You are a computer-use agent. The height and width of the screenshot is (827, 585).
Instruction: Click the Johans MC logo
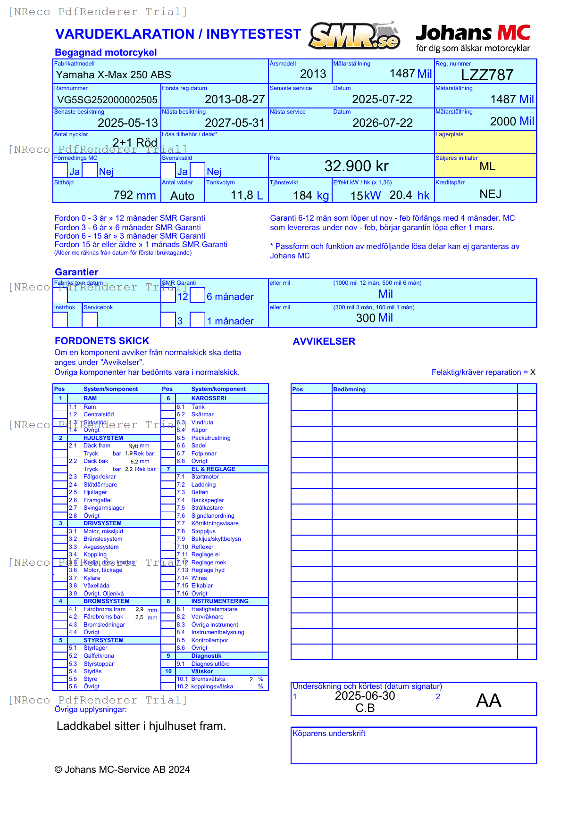(473, 38)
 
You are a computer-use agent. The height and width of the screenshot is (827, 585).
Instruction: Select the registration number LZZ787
(487, 75)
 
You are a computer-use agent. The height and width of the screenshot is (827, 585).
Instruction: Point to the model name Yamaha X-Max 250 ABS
(113, 74)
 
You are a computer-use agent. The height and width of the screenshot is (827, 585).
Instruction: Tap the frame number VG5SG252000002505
(107, 99)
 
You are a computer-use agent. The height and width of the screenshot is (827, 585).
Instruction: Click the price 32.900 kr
(356, 166)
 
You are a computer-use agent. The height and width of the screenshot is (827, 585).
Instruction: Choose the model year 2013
(313, 74)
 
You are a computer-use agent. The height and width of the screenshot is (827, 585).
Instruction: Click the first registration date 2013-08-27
(234, 99)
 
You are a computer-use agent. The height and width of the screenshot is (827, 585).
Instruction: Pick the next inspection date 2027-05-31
(234, 123)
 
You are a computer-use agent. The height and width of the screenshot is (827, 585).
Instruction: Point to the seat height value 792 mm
(134, 195)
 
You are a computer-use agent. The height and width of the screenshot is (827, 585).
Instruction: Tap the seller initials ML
(487, 166)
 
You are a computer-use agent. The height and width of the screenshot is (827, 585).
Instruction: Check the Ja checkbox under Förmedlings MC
(60, 170)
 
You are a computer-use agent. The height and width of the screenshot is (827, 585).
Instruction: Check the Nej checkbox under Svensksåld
(198, 170)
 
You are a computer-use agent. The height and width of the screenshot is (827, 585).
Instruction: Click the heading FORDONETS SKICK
(102, 341)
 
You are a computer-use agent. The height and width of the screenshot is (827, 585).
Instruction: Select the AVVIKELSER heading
(324, 341)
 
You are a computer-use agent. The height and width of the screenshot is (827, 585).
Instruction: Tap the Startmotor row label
(205, 477)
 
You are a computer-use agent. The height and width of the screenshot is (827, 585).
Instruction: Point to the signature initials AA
(488, 701)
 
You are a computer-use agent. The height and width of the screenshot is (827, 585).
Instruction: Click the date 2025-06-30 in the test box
(365, 696)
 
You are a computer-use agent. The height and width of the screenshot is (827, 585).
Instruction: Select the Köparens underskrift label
(329, 734)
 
